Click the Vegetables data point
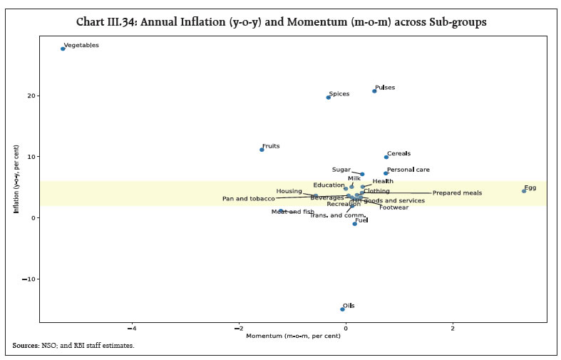pyautogui.click(x=63, y=48)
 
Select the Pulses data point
pyautogui.click(x=374, y=91)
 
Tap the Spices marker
pyautogui.click(x=329, y=97)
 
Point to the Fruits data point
pyautogui.click(x=262, y=150)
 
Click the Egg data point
pyautogui.click(x=524, y=191)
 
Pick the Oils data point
pyautogui.click(x=343, y=309)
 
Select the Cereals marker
pyautogui.click(x=386, y=157)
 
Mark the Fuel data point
pyautogui.click(x=355, y=224)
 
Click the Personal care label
pyautogui.click(x=408, y=170)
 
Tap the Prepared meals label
pyautogui.click(x=457, y=193)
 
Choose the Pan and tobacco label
pyautogui.click(x=248, y=199)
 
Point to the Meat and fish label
pyautogui.click(x=292, y=212)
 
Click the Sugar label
pyautogui.click(x=341, y=170)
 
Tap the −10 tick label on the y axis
pyautogui.click(x=29, y=279)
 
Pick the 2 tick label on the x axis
pyautogui.click(x=453, y=328)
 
